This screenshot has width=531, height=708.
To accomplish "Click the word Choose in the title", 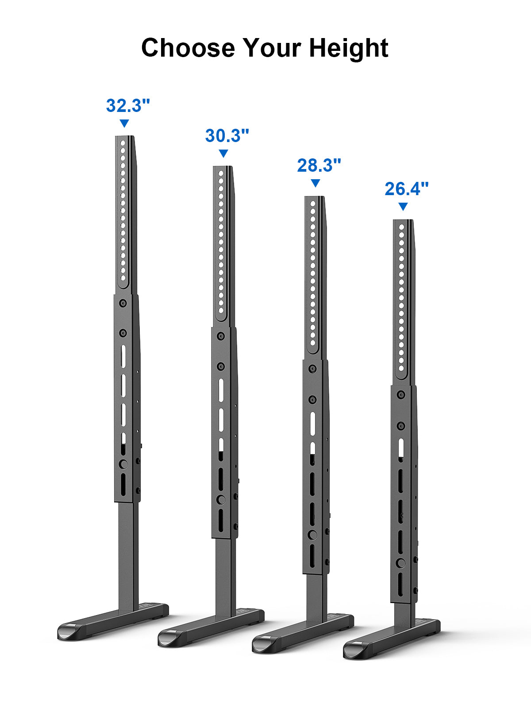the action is (x=188, y=48).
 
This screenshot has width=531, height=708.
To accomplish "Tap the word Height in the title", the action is (x=349, y=48).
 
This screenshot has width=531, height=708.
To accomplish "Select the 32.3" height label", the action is (x=128, y=105).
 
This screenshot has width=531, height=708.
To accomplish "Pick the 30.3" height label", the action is (x=227, y=135).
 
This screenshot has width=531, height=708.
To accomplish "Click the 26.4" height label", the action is (x=407, y=189).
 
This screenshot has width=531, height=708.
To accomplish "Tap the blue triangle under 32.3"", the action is (x=124, y=123).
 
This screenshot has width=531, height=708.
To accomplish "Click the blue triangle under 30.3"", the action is (x=223, y=153).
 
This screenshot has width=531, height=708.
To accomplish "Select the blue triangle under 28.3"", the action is (x=316, y=183).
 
